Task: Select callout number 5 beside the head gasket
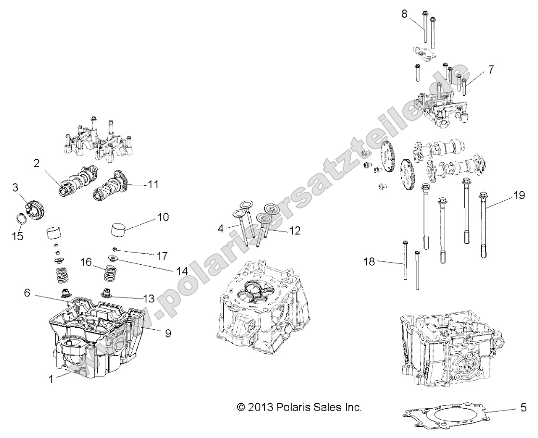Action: (523, 407)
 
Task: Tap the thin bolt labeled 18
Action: (404, 265)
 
